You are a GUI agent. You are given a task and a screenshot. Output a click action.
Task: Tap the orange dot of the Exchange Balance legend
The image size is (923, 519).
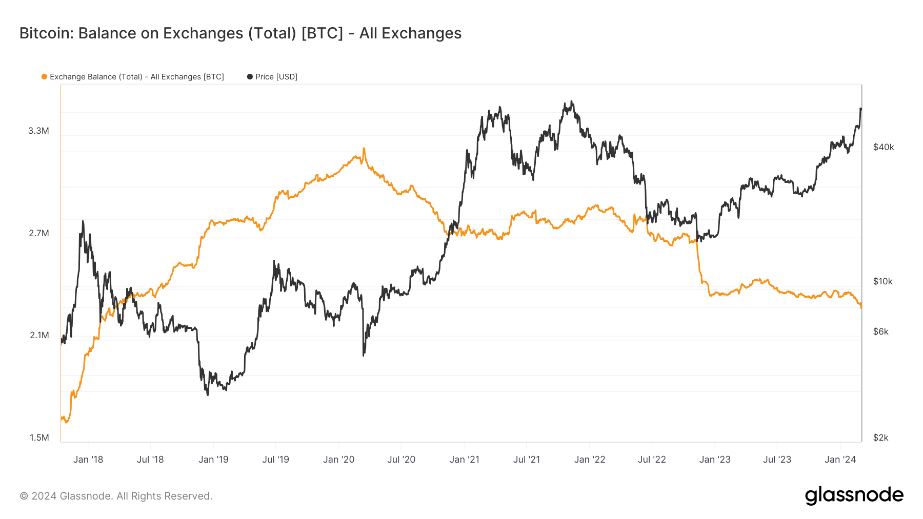[x=44, y=77]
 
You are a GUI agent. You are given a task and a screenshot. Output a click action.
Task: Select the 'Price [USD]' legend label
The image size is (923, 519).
[x=276, y=77]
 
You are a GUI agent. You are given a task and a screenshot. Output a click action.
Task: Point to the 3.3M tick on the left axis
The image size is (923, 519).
[x=38, y=131]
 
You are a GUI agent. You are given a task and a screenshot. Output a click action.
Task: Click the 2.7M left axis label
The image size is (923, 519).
[x=38, y=233]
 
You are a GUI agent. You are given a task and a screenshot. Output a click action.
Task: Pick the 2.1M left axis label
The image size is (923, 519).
[x=38, y=335]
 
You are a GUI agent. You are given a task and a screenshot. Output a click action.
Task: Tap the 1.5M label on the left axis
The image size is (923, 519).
[x=39, y=438]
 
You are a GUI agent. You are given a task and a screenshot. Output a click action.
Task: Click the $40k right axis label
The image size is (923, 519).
[x=883, y=147]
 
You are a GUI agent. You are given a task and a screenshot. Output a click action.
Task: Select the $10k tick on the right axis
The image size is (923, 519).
[x=882, y=281]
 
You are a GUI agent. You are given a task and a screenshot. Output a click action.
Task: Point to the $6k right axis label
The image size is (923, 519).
[x=880, y=331]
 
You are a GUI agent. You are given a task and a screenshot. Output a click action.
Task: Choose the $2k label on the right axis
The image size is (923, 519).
[x=880, y=438]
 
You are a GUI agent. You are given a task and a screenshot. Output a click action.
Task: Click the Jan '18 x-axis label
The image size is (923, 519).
[x=88, y=460]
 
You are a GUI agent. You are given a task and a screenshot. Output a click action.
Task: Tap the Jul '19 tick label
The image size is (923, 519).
[x=276, y=460]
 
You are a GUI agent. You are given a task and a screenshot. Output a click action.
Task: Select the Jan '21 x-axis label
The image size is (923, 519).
[x=464, y=460]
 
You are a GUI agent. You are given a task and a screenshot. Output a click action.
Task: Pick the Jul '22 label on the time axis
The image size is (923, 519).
[x=652, y=460]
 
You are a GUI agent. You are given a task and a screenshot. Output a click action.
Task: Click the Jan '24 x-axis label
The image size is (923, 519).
[x=840, y=460]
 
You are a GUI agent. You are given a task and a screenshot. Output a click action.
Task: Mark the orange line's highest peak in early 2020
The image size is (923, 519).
[x=364, y=149]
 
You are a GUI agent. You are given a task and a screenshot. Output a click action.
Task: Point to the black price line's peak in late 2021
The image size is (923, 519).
[x=572, y=102]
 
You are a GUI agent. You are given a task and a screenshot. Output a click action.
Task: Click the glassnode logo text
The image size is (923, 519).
[x=854, y=495]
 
